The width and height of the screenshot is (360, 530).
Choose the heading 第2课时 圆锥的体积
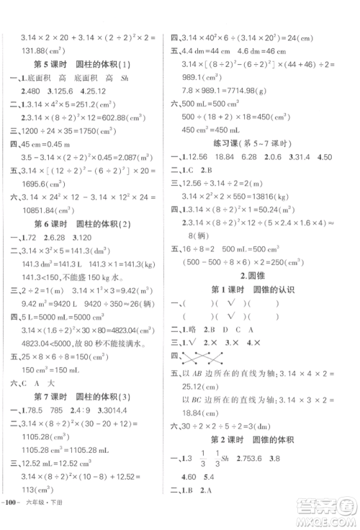tap(261, 441)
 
